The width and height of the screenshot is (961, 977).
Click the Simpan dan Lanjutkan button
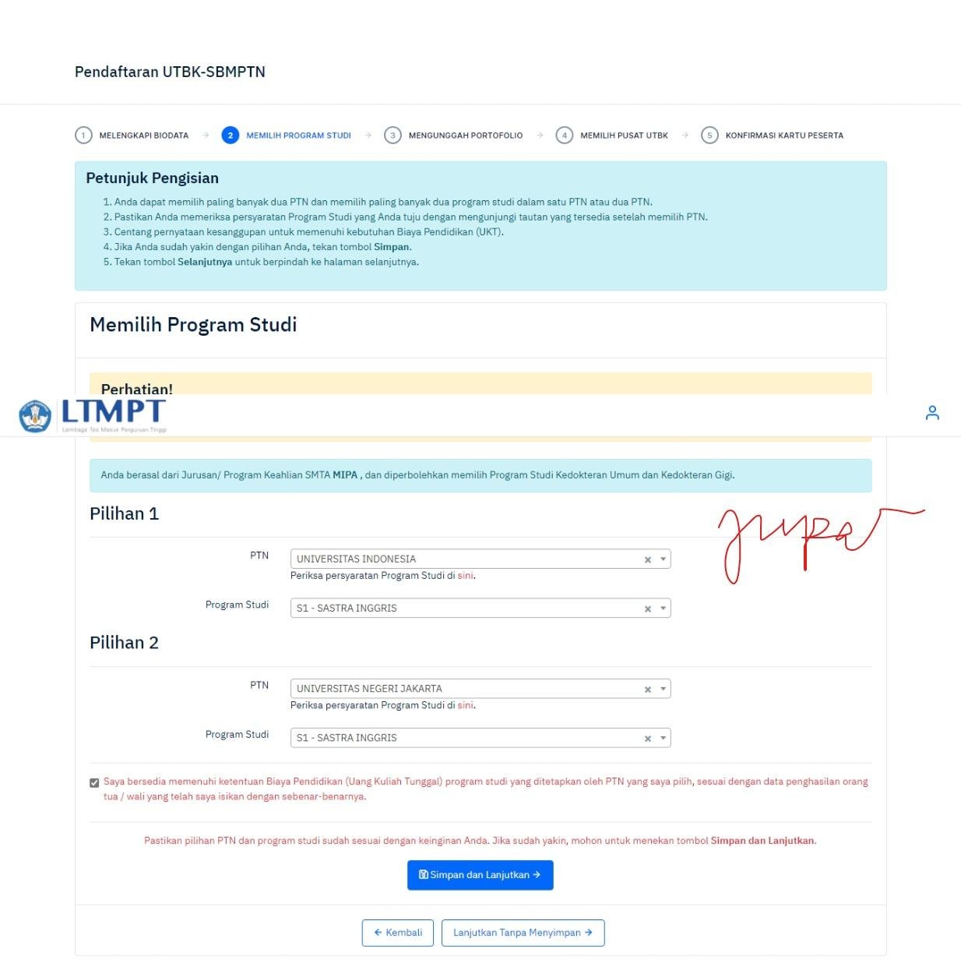pyautogui.click(x=480, y=875)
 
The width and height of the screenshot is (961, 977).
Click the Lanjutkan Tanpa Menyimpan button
pyautogui.click(x=523, y=933)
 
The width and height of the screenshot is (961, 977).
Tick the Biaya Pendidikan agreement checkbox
pyautogui.click(x=94, y=783)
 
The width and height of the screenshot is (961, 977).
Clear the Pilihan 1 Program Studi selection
pyautogui.click(x=647, y=609)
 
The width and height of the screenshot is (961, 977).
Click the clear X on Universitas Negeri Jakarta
pyautogui.click(x=647, y=690)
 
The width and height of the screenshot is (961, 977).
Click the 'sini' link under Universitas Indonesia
pyautogui.click(x=465, y=576)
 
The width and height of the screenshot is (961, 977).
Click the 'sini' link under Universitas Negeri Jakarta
pyautogui.click(x=465, y=705)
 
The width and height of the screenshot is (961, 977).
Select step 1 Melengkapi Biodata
pyautogui.click(x=132, y=136)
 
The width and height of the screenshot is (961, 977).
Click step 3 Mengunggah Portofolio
pyautogui.click(x=454, y=136)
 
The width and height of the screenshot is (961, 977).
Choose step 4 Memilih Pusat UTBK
pyautogui.click(x=613, y=136)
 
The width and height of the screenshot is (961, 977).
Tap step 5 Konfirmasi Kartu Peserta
pyautogui.click(x=773, y=136)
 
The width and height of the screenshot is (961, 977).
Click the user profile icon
pyautogui.click(x=932, y=413)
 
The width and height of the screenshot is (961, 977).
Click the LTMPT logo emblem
pyautogui.click(x=35, y=415)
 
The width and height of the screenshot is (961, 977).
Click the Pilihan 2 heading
pyautogui.click(x=124, y=643)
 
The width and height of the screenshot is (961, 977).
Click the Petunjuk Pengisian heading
pyautogui.click(x=152, y=178)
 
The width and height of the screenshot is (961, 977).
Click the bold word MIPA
pyautogui.click(x=345, y=475)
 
